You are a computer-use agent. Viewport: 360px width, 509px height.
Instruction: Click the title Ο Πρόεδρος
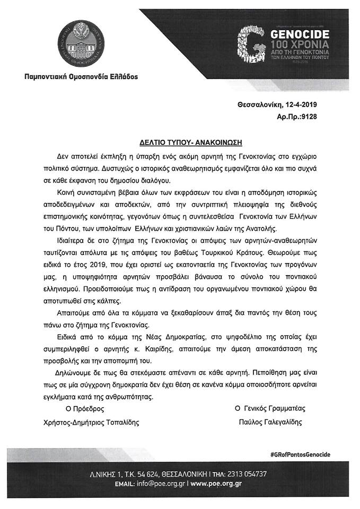click(x=81, y=409)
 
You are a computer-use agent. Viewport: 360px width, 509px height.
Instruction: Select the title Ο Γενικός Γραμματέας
click(x=270, y=409)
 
